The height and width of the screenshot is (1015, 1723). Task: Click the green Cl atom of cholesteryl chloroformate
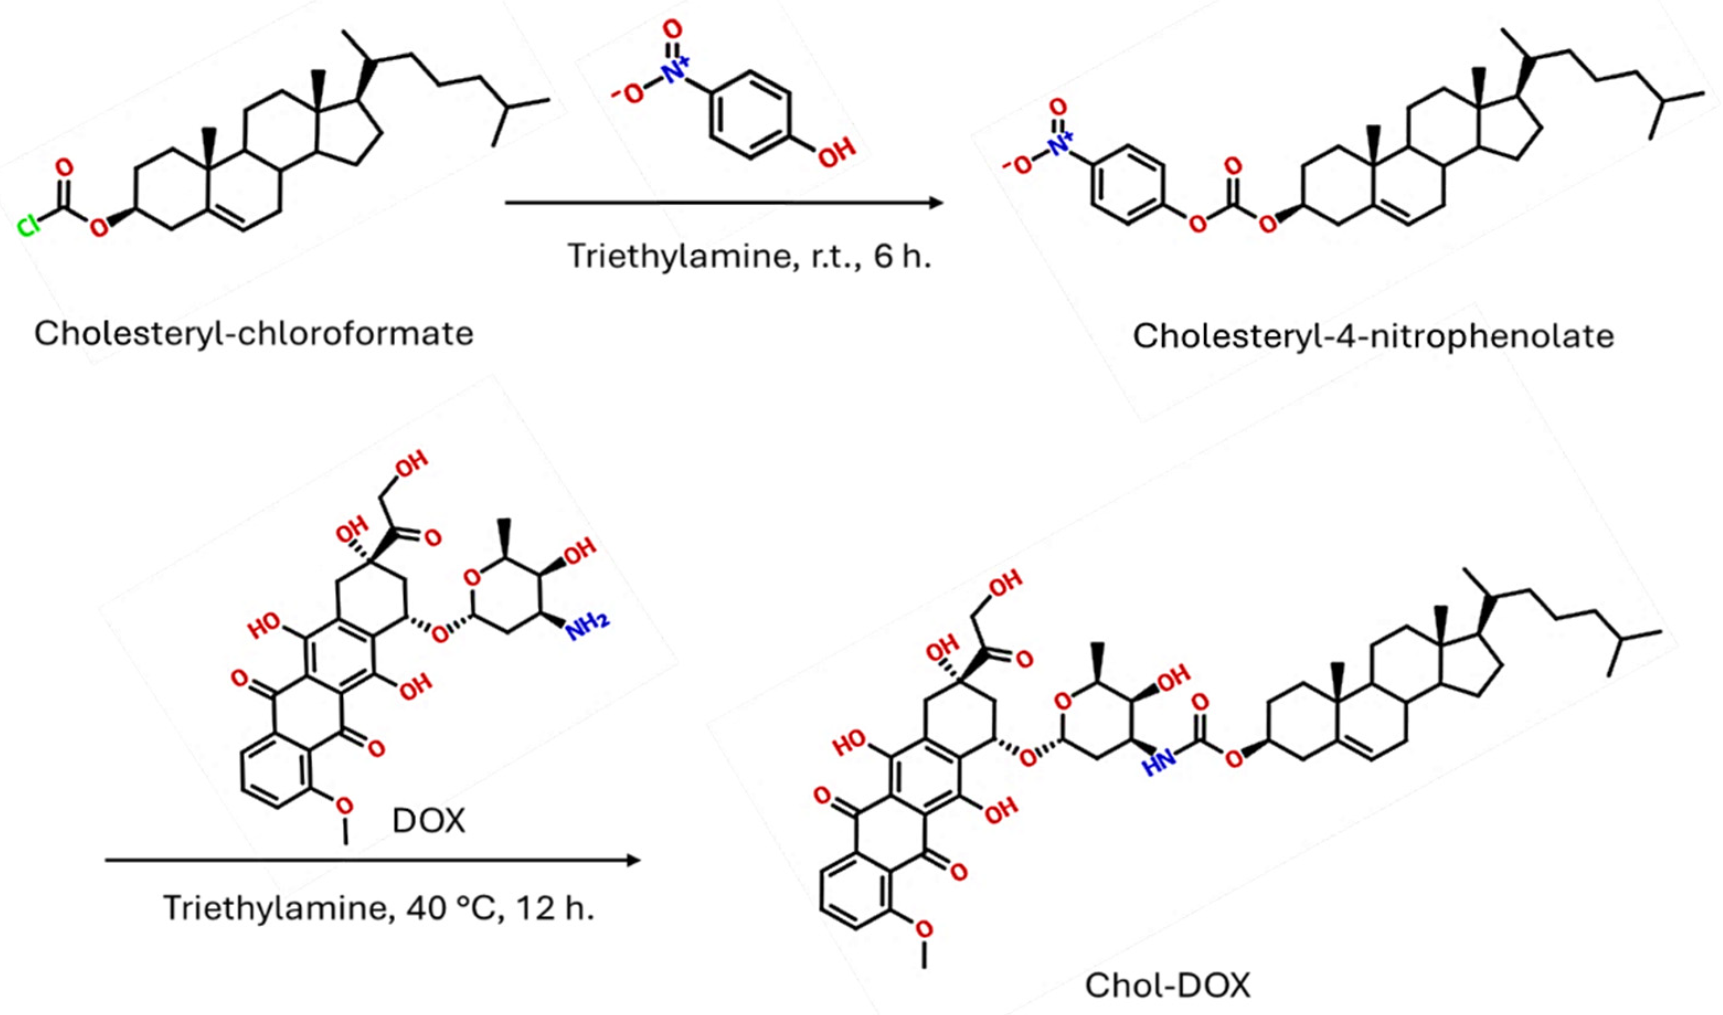[28, 226]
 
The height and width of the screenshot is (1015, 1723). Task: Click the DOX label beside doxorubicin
[429, 821]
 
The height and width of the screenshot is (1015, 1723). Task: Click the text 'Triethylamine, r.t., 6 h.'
[749, 257]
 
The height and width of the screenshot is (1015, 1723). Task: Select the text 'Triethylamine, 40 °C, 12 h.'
[378, 908]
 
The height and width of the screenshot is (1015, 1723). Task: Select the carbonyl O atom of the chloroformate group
[63, 168]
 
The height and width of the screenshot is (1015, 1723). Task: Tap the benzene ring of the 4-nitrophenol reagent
[751, 115]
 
